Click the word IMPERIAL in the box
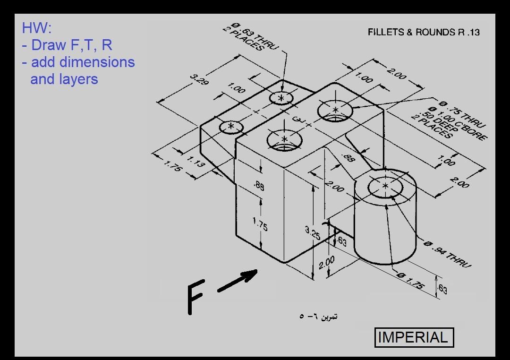click(414, 337)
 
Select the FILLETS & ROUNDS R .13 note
click(424, 32)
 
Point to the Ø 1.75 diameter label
click(411, 280)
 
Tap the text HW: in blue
click(35, 28)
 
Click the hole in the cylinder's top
click(385, 187)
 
